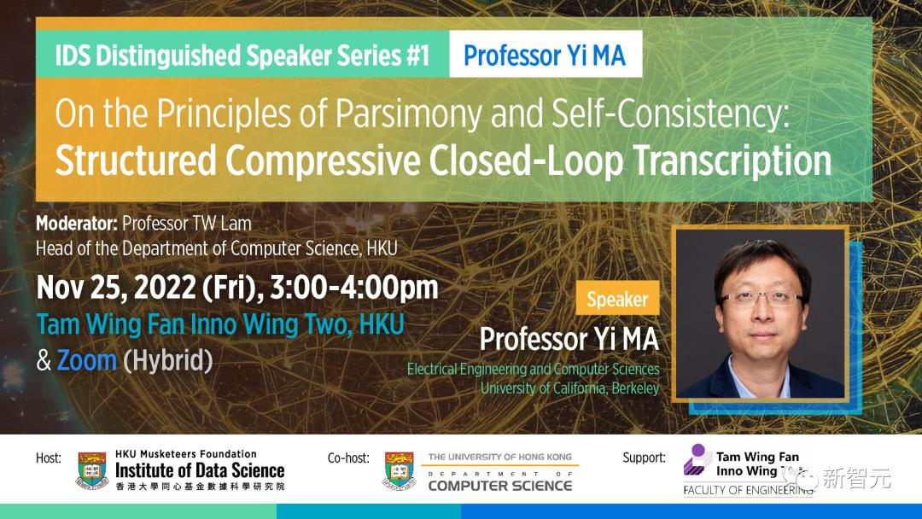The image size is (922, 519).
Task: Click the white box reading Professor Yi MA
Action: (x=545, y=54)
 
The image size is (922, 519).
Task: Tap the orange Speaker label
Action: (x=617, y=298)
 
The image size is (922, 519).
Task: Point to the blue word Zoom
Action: (x=86, y=360)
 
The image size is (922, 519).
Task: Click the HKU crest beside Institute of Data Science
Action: (x=92, y=471)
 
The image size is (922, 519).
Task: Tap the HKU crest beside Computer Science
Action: (x=400, y=471)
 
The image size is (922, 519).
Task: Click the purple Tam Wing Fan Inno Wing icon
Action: (x=697, y=459)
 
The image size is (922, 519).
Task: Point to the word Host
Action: (x=48, y=458)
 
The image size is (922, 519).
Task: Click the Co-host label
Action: (x=348, y=458)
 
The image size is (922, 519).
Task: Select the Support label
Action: (x=645, y=458)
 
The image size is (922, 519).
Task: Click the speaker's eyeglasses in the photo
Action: (x=762, y=297)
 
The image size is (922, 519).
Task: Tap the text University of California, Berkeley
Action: (x=569, y=388)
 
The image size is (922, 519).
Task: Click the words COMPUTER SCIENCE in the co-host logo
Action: (x=499, y=486)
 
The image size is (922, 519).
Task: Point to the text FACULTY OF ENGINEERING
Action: (x=748, y=490)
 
